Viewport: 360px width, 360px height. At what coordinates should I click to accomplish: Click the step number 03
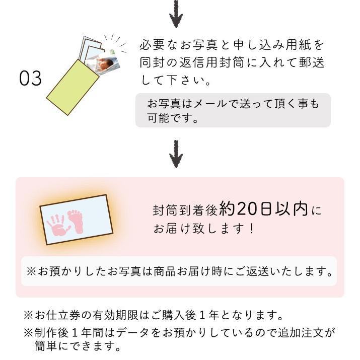tap(30, 79)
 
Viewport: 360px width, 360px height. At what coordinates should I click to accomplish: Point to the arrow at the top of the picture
tap(176, 14)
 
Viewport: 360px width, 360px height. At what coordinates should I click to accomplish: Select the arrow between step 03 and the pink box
tap(176, 154)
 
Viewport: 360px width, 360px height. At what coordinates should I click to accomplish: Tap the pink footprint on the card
tap(77, 221)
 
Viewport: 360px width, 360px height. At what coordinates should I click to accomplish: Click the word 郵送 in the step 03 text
tap(312, 62)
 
